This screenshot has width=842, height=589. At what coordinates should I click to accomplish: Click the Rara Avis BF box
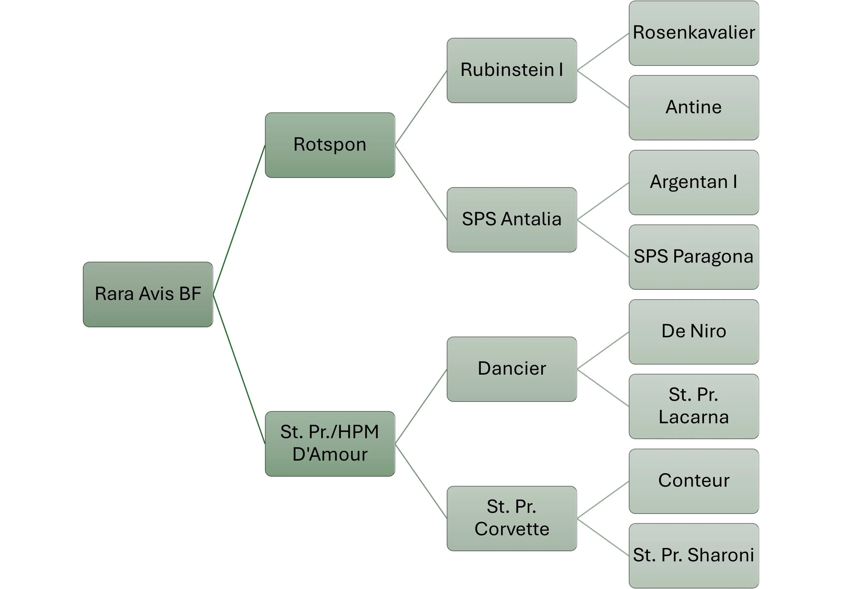(x=148, y=294)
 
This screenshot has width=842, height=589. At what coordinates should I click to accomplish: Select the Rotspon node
(x=330, y=145)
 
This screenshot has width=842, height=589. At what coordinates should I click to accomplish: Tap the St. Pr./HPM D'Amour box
(x=330, y=444)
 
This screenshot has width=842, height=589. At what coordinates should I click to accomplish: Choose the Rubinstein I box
(x=512, y=70)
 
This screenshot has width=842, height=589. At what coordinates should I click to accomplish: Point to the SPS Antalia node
(x=512, y=219)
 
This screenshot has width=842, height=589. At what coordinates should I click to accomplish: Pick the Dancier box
(x=512, y=369)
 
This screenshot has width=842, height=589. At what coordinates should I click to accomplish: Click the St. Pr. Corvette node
(x=512, y=518)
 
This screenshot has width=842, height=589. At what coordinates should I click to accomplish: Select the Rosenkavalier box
(x=693, y=33)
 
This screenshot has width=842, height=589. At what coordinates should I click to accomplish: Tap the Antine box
(x=693, y=108)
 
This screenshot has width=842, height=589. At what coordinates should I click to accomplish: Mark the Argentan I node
(x=693, y=182)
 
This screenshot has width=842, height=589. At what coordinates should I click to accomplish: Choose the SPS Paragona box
(x=693, y=257)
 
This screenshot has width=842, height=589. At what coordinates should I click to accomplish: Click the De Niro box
(x=693, y=332)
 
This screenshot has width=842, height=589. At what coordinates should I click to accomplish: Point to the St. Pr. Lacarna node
(x=693, y=406)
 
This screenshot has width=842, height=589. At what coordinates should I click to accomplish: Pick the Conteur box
(x=693, y=481)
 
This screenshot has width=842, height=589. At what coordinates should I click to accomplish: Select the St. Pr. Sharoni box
(x=693, y=556)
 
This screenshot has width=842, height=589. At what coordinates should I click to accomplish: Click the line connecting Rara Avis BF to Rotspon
(x=239, y=220)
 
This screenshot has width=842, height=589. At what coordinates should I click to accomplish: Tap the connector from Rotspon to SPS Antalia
(x=421, y=182)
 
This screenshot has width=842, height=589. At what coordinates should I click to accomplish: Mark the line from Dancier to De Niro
(x=603, y=350)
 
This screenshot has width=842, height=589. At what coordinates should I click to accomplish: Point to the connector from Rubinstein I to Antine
(x=603, y=89)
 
